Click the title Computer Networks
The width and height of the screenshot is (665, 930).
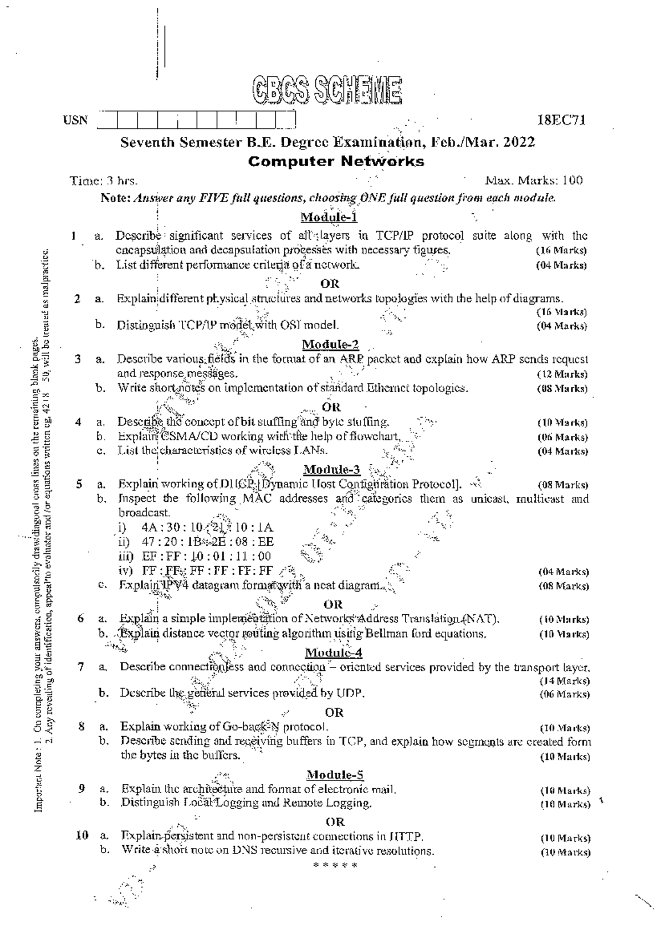coord(336,162)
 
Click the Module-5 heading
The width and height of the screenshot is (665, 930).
coord(335,774)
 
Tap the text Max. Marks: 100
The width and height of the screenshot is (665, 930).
coord(534,181)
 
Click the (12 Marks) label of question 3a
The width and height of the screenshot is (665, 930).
coord(562,374)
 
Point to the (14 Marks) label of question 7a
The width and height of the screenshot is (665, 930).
coord(564,680)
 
